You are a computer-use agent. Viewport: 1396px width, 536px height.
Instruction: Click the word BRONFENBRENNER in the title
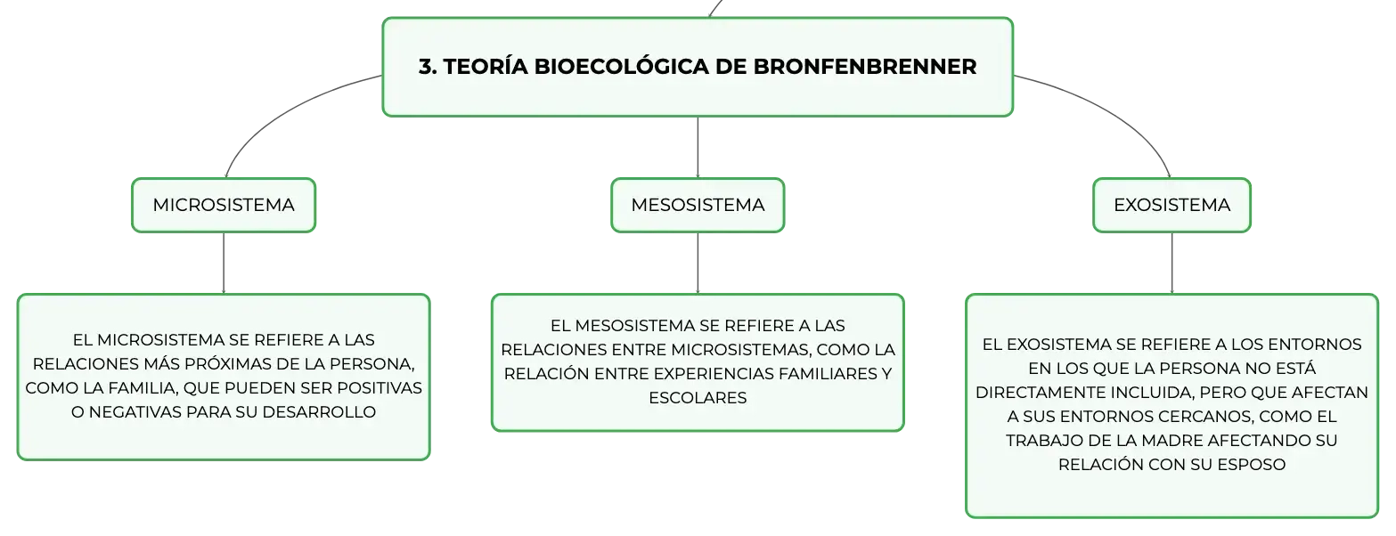pyautogui.click(x=864, y=67)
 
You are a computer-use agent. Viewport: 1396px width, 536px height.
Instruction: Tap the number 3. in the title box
pyautogui.click(x=428, y=67)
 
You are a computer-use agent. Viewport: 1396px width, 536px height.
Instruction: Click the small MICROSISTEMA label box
pyautogui.click(x=224, y=205)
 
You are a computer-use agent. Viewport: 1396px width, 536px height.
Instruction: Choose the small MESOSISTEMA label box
pyautogui.click(x=698, y=205)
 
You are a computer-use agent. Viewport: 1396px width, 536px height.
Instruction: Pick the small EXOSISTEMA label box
pyautogui.click(x=1171, y=205)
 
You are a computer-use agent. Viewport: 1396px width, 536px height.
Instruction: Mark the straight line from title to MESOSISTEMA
pyautogui.click(x=698, y=148)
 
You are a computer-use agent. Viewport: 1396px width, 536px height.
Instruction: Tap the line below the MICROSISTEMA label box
pyautogui.click(x=224, y=263)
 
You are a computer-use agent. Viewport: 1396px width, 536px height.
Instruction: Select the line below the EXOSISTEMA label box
pyautogui.click(x=1171, y=263)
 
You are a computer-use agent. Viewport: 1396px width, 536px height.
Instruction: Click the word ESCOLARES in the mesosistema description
pyautogui.click(x=698, y=398)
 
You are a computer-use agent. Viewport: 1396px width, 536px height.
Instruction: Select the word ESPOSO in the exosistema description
pyautogui.click(x=1252, y=465)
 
